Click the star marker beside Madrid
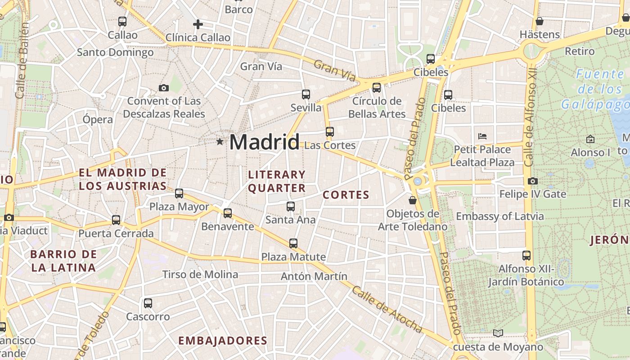220,142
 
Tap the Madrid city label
264,142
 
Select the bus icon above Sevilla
306,94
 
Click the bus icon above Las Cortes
330,131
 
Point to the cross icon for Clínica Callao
198,24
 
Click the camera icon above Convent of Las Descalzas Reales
164,88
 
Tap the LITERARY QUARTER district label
276,181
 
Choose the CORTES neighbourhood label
346,195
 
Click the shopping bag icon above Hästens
539,21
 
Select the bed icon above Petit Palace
482,135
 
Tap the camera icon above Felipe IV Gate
533,181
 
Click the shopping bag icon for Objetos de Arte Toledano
412,200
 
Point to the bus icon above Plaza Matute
293,243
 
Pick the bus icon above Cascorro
148,303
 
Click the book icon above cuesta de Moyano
498,333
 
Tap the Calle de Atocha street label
387,310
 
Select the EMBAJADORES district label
223,341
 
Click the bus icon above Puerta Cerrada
116,220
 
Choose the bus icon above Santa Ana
291,207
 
